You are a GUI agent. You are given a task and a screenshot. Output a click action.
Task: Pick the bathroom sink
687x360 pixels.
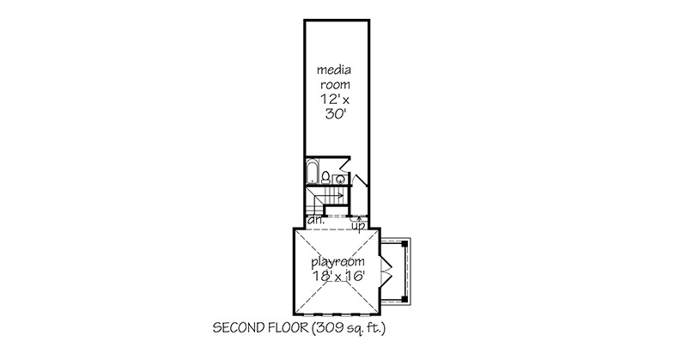pos(339,180)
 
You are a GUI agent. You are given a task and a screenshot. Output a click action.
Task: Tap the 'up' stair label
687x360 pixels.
pos(359,226)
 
